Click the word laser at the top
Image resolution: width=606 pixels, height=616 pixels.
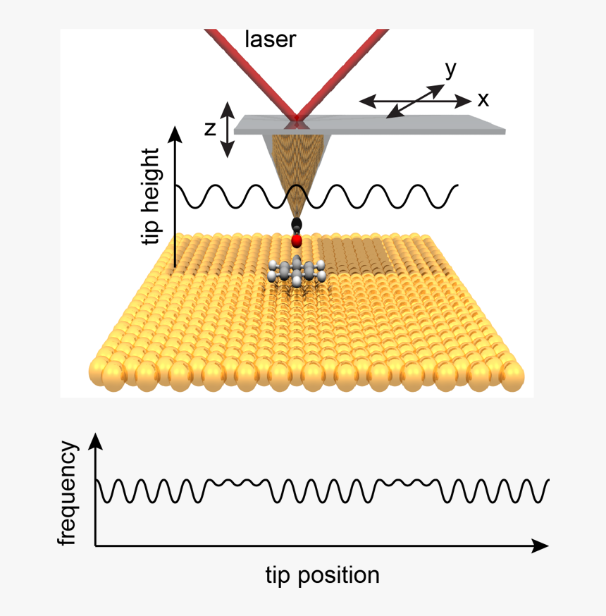click(271, 39)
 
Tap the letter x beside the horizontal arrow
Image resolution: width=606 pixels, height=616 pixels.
click(483, 100)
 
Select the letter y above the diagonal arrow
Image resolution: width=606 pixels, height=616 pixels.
click(450, 69)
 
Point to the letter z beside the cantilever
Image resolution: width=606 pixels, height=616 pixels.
click(209, 129)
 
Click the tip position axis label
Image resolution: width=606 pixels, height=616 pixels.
click(322, 575)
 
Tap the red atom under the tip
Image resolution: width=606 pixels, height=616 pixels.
click(297, 242)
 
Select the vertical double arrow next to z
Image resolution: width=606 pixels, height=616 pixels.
click(227, 129)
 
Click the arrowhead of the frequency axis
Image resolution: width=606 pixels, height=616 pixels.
click(97, 442)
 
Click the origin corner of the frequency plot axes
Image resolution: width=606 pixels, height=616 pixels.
click(97, 546)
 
